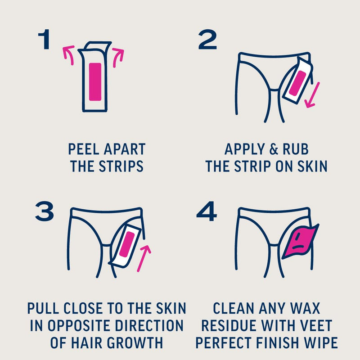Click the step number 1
(x=44, y=39)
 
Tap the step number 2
(x=207, y=39)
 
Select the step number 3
(x=45, y=211)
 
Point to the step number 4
(x=207, y=211)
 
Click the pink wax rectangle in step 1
(x=95, y=82)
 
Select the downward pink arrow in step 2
(x=312, y=95)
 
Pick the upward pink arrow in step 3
(x=144, y=258)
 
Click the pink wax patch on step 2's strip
(x=297, y=83)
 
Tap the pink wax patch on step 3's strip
(x=127, y=244)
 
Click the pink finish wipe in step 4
(x=300, y=242)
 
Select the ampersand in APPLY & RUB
(x=274, y=149)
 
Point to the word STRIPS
(x=121, y=166)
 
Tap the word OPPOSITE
(x=81, y=325)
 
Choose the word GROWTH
(x=135, y=343)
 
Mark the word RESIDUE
(x=229, y=325)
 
